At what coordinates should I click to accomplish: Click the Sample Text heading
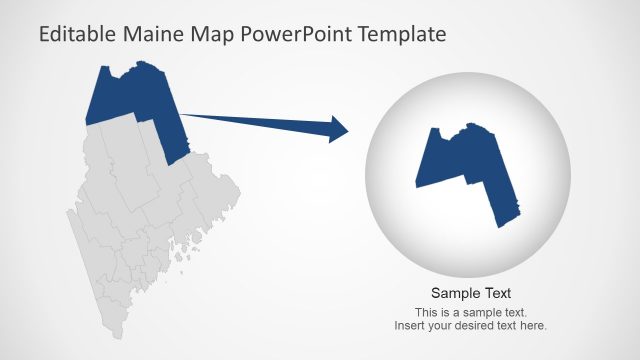(471, 293)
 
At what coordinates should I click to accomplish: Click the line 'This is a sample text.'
(471, 313)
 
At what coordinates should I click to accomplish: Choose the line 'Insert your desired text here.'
(471, 326)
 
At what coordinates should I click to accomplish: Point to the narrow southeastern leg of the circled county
(505, 205)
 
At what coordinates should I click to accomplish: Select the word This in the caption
(426, 313)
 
